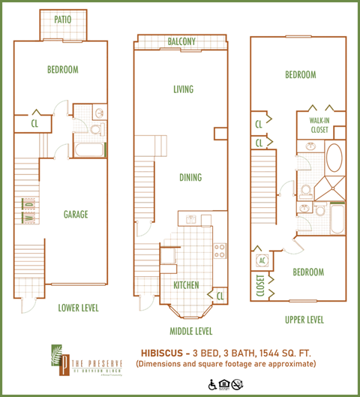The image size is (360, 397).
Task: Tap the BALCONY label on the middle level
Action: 182,41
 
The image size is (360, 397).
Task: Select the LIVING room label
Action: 182,89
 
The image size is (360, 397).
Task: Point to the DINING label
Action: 190,178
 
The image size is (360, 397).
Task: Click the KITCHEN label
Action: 185,286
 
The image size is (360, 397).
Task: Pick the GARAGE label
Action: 76,215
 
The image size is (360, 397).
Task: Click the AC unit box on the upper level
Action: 262,260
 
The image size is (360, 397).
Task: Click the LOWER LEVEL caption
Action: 79,308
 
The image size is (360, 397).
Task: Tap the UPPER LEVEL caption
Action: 304,320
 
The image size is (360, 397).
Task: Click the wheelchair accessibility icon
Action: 212,385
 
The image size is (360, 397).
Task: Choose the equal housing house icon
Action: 224,385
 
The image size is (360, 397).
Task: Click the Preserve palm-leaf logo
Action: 56,359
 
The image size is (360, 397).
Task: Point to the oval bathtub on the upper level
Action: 334,159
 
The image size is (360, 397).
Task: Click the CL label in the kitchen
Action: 220,296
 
